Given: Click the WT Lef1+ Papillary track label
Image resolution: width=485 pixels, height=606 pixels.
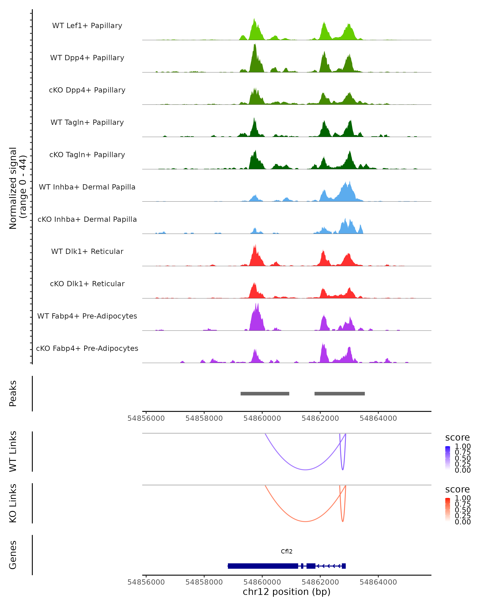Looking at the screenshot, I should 87,26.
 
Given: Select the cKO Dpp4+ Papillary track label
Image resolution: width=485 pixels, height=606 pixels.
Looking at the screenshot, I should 87,90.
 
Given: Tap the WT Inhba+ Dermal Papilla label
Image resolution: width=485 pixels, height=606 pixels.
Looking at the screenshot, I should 87,187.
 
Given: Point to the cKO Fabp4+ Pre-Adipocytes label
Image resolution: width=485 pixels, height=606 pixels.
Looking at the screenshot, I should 87,348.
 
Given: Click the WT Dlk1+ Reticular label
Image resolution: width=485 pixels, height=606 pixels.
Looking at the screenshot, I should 87,251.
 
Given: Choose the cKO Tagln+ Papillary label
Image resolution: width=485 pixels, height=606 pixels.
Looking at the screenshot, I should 87,155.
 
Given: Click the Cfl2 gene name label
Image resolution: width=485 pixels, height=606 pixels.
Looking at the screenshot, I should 287,551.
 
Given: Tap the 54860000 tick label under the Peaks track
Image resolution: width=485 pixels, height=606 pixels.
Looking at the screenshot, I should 262,418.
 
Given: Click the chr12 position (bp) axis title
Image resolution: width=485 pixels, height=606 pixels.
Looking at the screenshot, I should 287,592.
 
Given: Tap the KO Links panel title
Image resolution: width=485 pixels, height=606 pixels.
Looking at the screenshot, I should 13,503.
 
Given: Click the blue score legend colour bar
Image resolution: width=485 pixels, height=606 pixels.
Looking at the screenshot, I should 448,458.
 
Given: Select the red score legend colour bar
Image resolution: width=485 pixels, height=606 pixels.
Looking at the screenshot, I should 448,510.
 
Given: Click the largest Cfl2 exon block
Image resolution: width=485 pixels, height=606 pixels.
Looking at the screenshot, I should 263,566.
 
